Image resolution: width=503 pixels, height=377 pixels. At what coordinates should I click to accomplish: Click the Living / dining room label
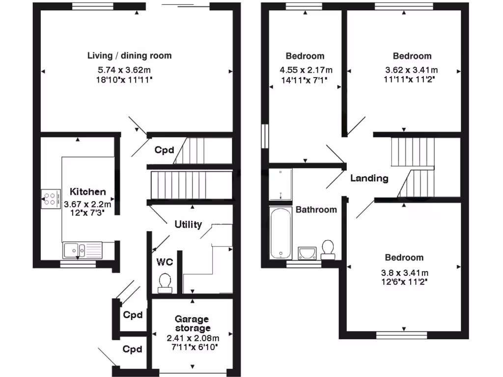(x=130, y=55)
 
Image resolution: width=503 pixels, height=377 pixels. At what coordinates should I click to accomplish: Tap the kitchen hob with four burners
(x=50, y=198)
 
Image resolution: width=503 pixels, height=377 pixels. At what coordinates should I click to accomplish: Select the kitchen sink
(x=82, y=250)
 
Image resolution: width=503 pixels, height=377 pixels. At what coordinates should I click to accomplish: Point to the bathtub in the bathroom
(x=280, y=233)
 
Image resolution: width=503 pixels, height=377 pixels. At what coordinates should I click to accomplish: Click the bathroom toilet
(x=328, y=249)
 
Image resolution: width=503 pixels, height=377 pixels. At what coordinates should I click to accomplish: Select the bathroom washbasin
(x=307, y=252)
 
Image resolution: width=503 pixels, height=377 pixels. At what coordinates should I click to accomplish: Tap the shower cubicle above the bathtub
(x=280, y=185)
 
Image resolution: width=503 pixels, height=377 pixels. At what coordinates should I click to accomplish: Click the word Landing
(x=369, y=178)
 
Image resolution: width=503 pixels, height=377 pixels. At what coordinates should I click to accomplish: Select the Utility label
(x=188, y=224)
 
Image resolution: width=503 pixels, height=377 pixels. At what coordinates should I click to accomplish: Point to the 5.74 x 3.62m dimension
(x=130, y=69)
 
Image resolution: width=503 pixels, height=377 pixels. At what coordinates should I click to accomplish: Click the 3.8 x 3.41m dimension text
(x=404, y=273)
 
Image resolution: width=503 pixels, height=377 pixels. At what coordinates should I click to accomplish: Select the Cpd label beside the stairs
(x=164, y=150)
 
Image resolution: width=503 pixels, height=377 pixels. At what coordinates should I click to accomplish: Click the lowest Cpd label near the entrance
(x=133, y=350)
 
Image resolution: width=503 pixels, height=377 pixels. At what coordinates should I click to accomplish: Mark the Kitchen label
(x=88, y=191)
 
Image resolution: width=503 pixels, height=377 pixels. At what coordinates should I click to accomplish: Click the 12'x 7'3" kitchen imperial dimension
(x=88, y=214)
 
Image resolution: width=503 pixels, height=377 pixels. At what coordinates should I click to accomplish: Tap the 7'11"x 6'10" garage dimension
(x=193, y=347)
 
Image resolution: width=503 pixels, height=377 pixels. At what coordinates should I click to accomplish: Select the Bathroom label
(x=316, y=210)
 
